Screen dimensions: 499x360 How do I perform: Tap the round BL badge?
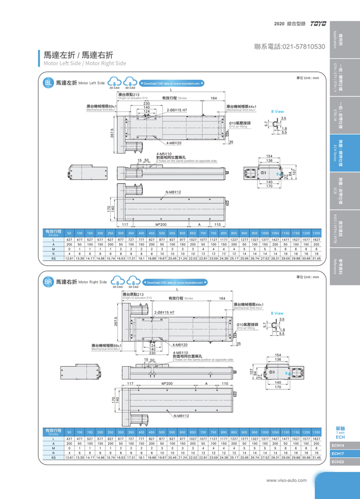click(48, 83)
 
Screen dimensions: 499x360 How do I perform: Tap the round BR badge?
click(48, 282)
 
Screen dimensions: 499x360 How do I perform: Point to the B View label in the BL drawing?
click(277, 111)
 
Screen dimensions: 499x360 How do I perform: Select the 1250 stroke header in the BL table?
click(316, 233)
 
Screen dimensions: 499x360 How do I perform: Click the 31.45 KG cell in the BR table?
click(316, 457)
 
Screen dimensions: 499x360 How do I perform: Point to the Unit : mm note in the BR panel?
click(308, 277)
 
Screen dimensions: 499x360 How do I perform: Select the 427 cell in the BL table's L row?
click(69, 240)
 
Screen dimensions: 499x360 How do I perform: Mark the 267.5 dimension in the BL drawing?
click(112, 134)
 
